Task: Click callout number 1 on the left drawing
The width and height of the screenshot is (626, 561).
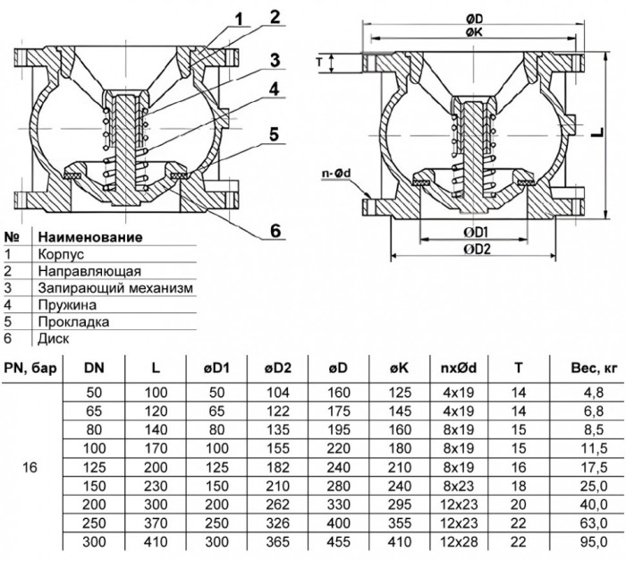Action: point(238,19)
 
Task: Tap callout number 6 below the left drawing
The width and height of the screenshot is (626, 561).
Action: point(275,231)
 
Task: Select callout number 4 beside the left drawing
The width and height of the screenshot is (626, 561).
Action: point(274,89)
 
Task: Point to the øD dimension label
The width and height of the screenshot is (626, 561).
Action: point(474,19)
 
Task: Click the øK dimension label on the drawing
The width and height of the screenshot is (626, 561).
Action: point(474,32)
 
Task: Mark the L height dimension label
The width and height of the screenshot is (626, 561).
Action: point(597,132)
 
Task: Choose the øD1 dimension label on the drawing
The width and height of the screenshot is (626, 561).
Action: point(477,232)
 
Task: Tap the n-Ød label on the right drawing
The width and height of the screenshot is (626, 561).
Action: point(336,174)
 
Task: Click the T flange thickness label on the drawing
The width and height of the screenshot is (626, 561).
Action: point(319,63)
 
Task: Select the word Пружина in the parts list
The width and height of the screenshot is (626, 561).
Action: point(67,305)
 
